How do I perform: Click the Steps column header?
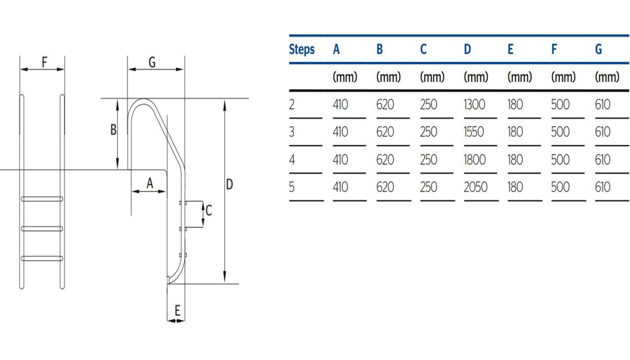[x=302, y=50]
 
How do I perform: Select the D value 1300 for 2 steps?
[x=474, y=105]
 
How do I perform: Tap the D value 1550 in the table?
[x=474, y=132]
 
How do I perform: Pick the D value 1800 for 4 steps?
[x=474, y=160]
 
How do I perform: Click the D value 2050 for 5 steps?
[x=475, y=187]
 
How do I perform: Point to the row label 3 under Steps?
[x=292, y=132]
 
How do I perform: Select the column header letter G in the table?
[x=598, y=50]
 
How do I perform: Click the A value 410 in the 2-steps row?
[x=340, y=105]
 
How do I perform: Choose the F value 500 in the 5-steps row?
[x=560, y=187]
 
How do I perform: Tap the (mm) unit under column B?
[x=388, y=77]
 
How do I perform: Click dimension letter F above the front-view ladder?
[x=44, y=62]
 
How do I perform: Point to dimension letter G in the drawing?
[x=152, y=62]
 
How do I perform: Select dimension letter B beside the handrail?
[x=113, y=129]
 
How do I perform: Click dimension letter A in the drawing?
[x=150, y=183]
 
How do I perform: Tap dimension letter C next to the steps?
[x=209, y=210]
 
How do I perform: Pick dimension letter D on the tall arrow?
[x=230, y=184]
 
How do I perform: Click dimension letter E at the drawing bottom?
[x=177, y=311]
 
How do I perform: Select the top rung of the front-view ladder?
[x=42, y=199]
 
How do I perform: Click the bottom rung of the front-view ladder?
[x=42, y=258]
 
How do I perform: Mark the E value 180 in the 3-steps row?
[x=515, y=132]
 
